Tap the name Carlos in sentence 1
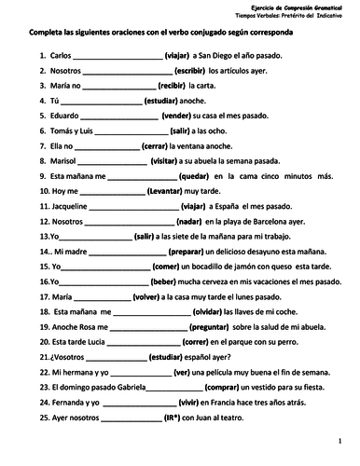click(50, 56)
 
